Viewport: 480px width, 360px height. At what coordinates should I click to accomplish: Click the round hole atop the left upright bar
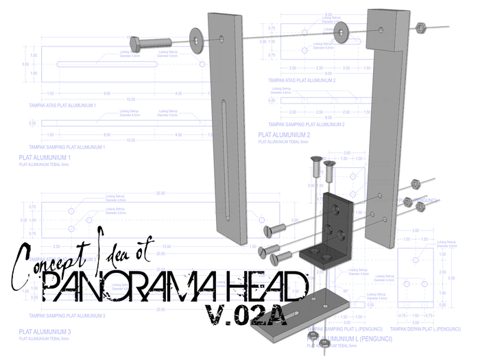[225, 40]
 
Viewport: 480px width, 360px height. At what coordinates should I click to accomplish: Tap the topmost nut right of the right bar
[416, 183]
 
